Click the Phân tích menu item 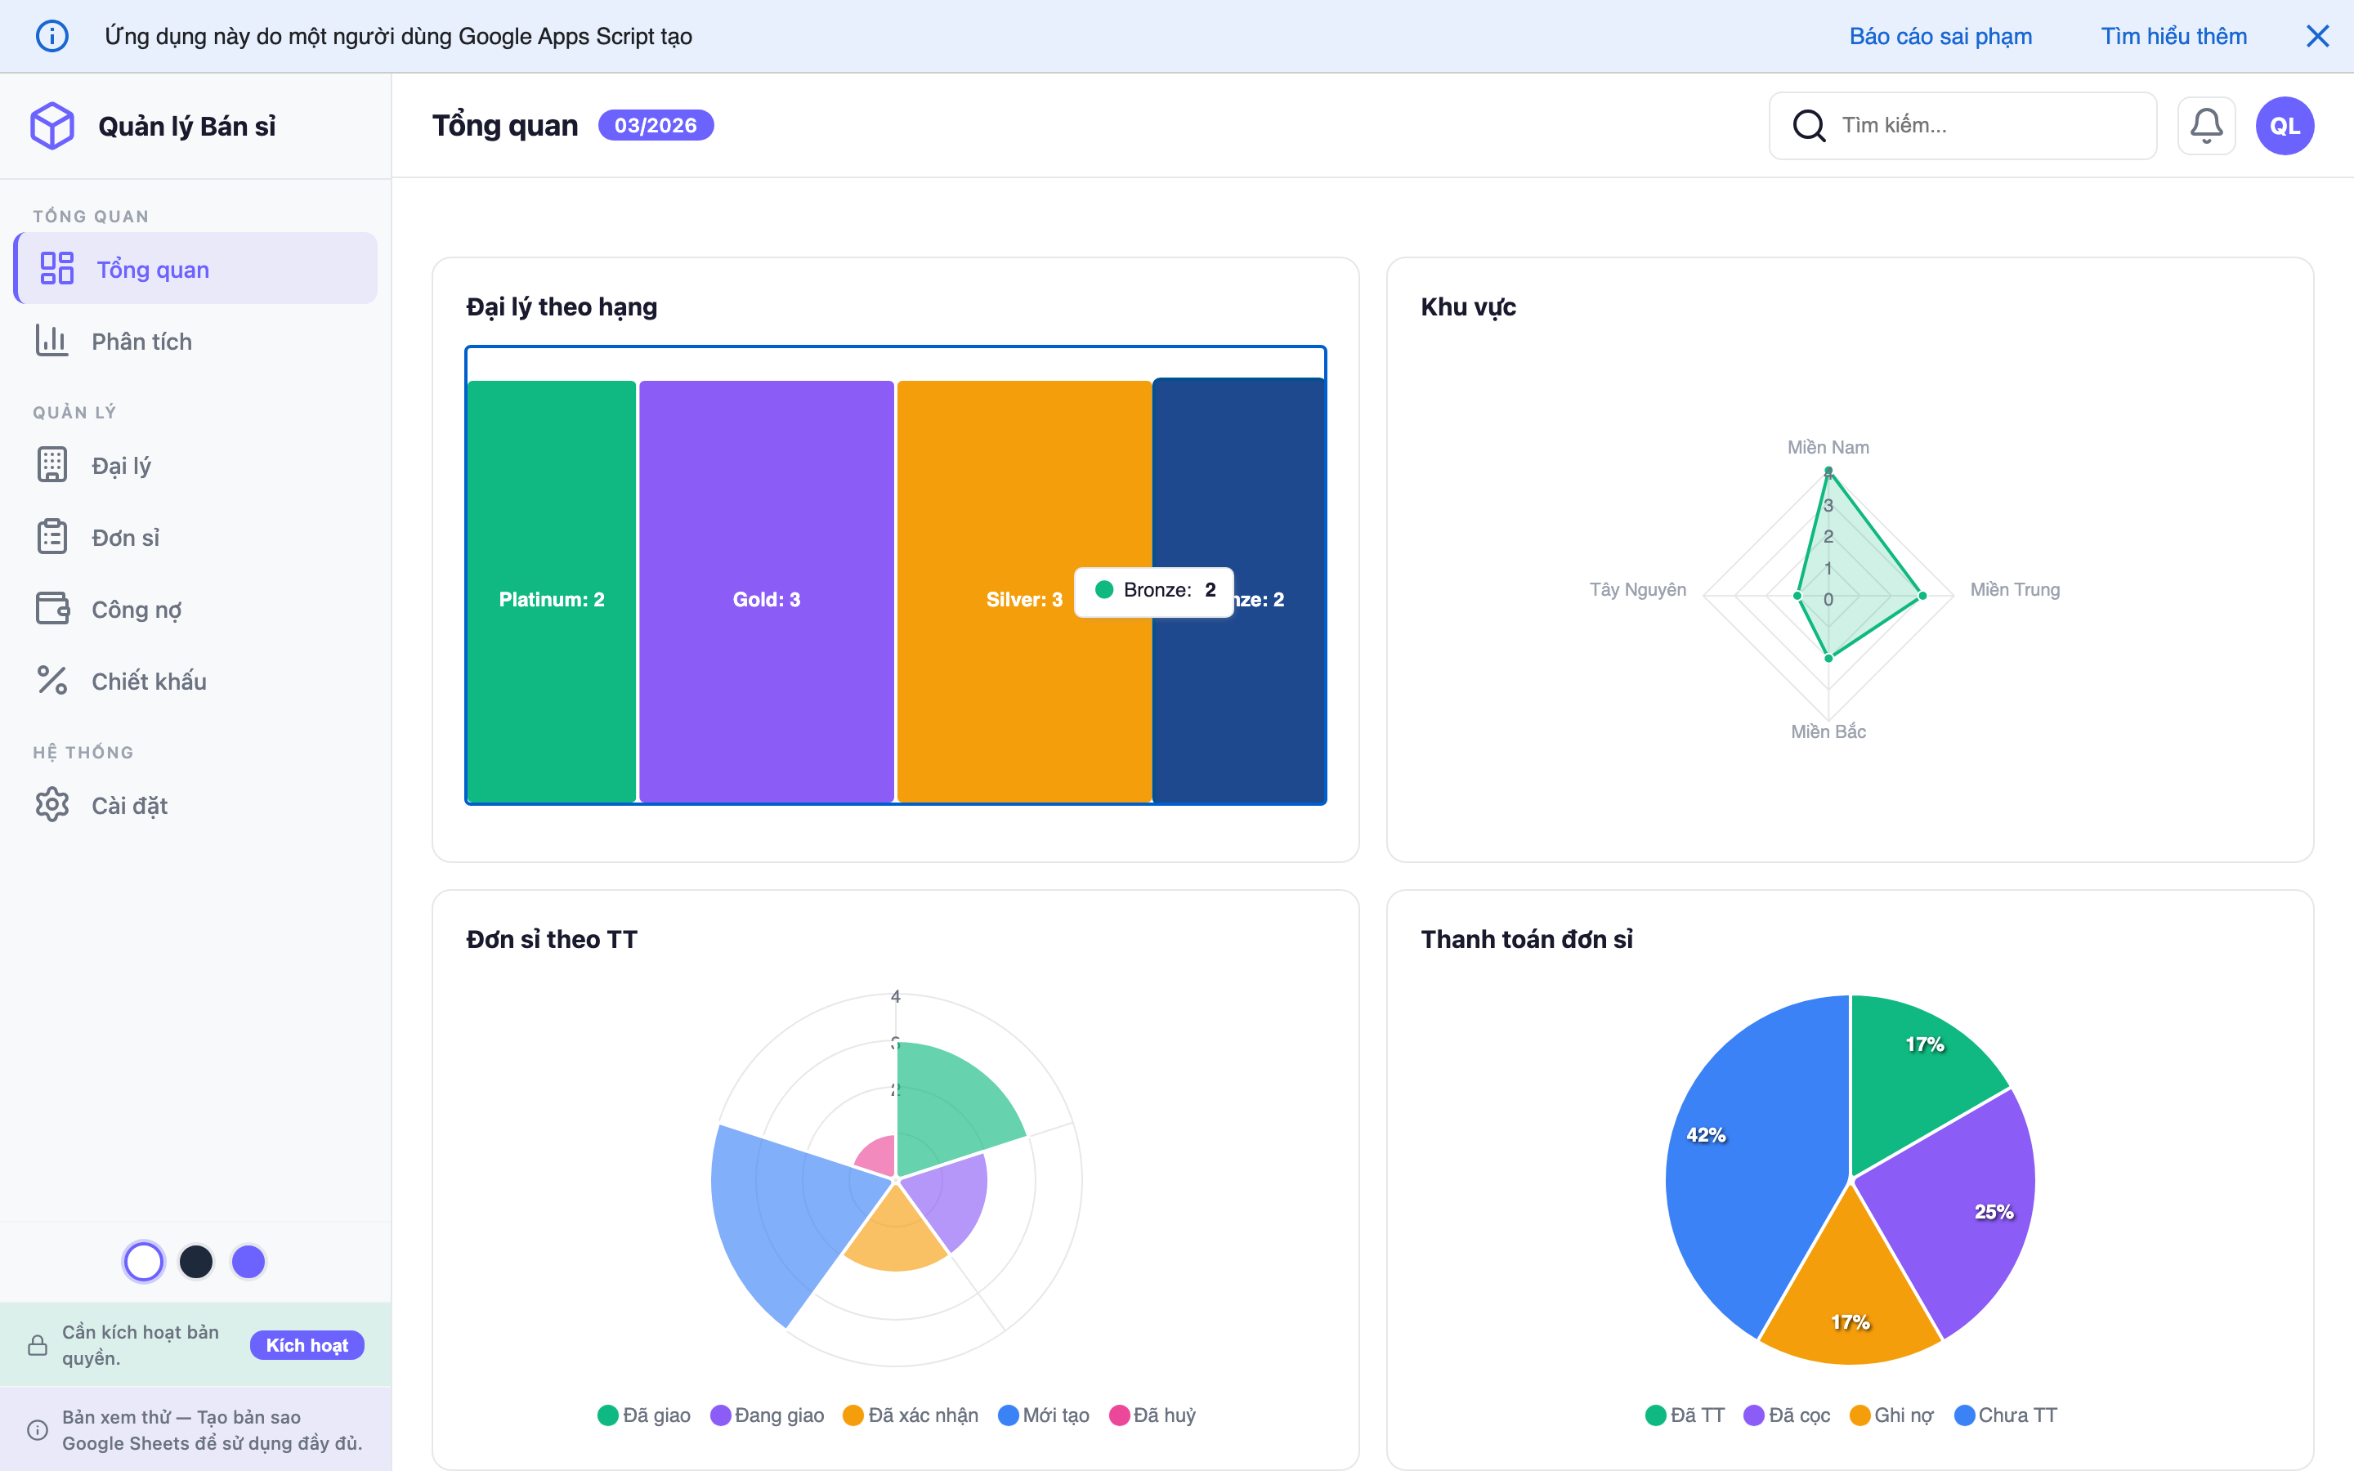[x=141, y=342]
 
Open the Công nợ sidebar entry [x=136, y=609]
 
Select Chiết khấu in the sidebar [x=148, y=681]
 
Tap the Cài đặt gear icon [x=52, y=805]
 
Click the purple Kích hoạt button [x=307, y=1344]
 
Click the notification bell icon [x=2205, y=126]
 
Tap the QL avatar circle [x=2284, y=126]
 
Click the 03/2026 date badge [x=655, y=126]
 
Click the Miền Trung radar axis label [x=2015, y=589]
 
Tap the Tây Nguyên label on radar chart [x=1637, y=589]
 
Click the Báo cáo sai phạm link [x=1940, y=36]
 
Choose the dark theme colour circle [x=195, y=1262]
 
